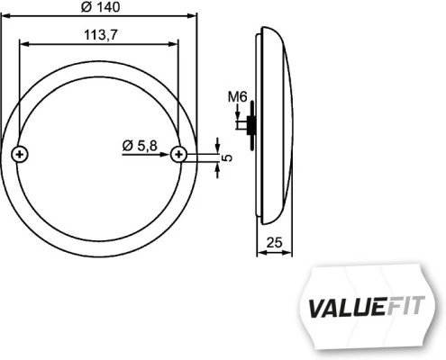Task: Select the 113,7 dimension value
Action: (x=101, y=35)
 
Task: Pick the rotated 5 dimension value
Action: (x=227, y=157)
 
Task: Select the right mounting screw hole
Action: (x=179, y=155)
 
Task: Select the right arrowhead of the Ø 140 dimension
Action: (x=191, y=16)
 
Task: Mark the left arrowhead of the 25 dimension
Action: (x=261, y=251)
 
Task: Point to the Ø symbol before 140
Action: (x=84, y=7)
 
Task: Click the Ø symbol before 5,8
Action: (x=126, y=144)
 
